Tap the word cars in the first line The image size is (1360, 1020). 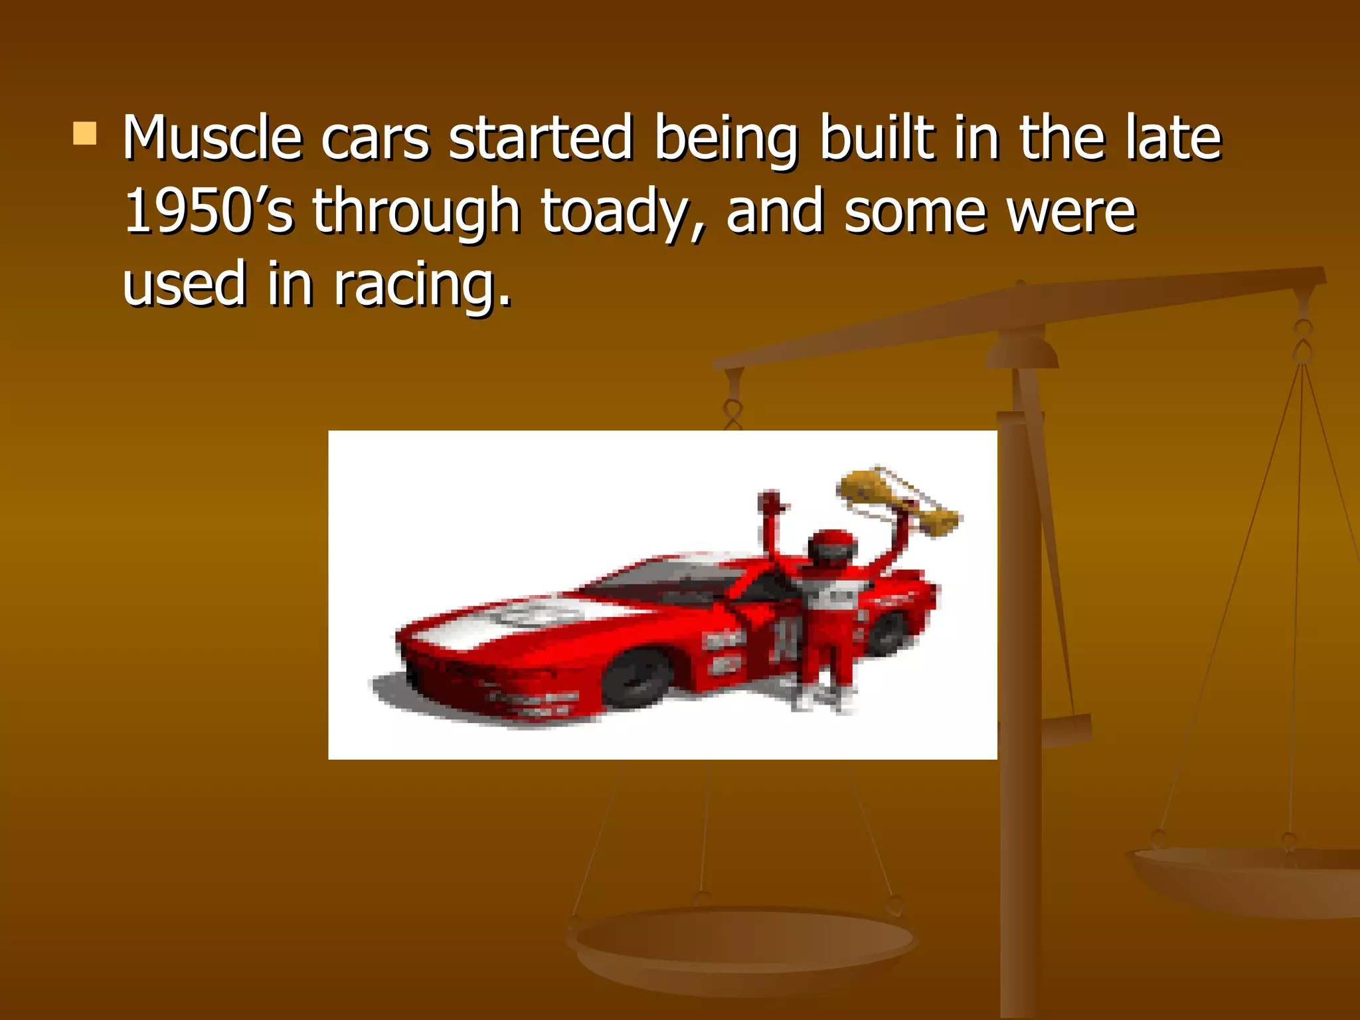(375, 139)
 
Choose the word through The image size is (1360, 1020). (416, 212)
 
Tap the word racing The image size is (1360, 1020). (422, 285)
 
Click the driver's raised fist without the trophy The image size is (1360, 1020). (770, 501)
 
